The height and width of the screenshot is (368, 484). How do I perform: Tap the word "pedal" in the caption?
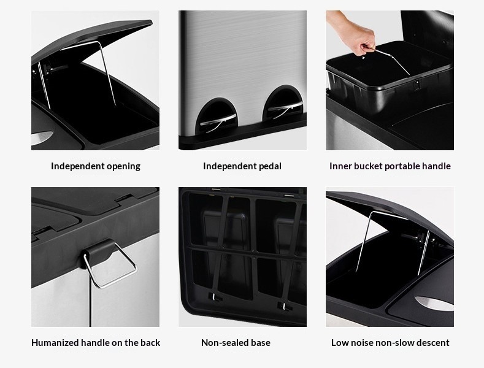coord(269,166)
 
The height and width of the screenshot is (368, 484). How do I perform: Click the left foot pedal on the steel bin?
coord(218,121)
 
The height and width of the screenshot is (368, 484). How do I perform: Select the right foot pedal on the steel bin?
coord(285,108)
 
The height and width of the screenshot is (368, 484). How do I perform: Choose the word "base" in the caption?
coord(260,343)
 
